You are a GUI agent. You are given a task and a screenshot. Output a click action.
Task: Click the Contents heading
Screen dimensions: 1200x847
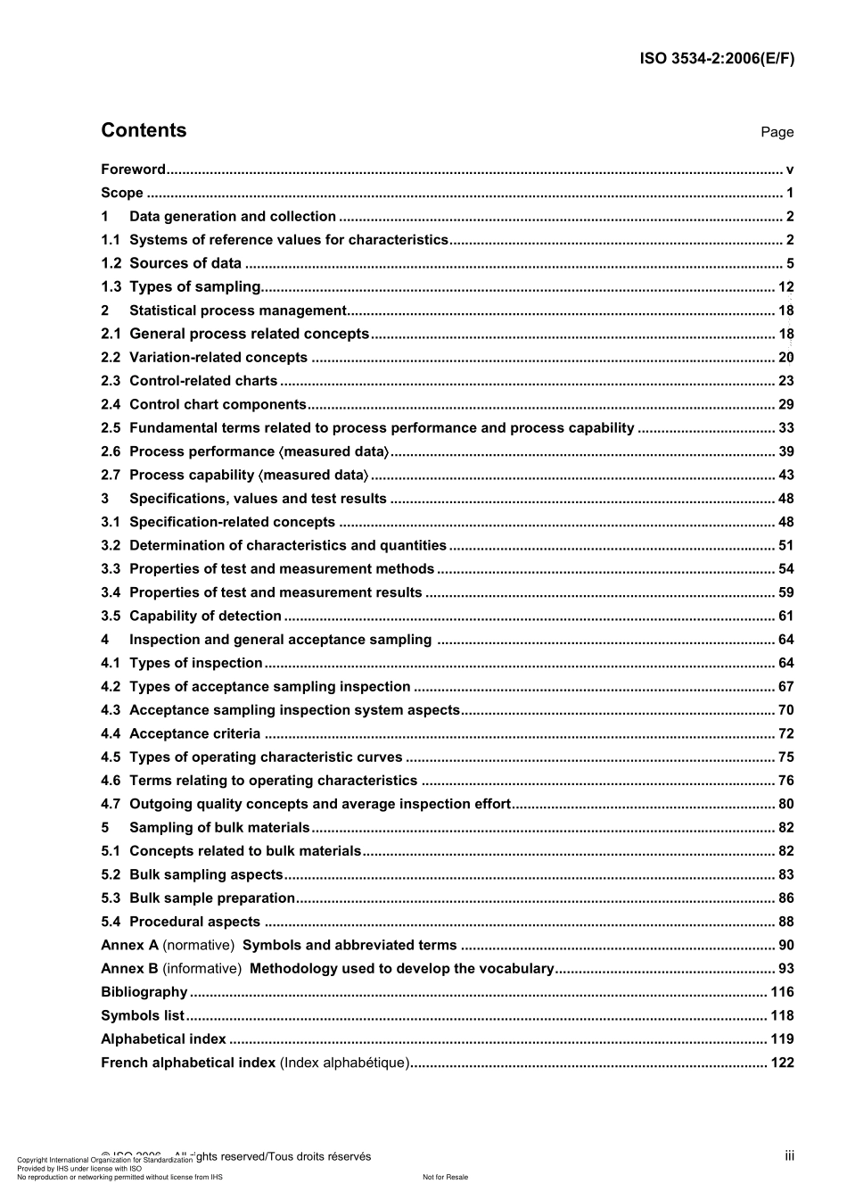(x=144, y=130)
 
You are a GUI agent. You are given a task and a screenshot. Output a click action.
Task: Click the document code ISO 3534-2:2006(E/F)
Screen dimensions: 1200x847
(x=717, y=59)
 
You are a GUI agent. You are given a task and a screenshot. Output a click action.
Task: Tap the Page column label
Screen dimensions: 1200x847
(x=777, y=132)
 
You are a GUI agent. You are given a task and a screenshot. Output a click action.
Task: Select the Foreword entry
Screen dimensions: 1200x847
(x=133, y=170)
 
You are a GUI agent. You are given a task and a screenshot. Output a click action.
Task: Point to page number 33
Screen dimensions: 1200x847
(x=785, y=428)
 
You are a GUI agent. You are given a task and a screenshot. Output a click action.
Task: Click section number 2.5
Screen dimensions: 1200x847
(x=110, y=428)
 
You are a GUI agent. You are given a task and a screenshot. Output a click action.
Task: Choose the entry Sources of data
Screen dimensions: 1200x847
(x=185, y=263)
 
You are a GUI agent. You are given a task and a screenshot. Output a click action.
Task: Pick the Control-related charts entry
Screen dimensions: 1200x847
(x=203, y=381)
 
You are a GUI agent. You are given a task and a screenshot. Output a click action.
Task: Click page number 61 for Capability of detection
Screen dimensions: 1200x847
(x=785, y=617)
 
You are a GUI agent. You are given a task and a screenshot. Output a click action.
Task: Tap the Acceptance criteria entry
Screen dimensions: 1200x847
(x=194, y=734)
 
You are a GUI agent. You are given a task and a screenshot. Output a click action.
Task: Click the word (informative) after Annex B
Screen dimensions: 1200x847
(x=201, y=969)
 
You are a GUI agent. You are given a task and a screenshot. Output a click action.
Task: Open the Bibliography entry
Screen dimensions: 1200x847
(x=144, y=992)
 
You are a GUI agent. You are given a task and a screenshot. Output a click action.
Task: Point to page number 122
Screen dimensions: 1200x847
(x=782, y=1063)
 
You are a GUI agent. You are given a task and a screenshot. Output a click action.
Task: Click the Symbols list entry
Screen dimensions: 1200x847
(x=143, y=1016)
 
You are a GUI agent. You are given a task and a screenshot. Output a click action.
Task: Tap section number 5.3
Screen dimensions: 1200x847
(x=110, y=898)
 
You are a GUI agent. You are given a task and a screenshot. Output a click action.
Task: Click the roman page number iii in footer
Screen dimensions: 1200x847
(x=789, y=1156)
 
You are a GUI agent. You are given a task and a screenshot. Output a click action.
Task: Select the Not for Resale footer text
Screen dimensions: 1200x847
(x=445, y=1178)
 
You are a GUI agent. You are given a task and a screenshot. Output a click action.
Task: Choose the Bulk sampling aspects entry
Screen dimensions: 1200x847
(x=206, y=875)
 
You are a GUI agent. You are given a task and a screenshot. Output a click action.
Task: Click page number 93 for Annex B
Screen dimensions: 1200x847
(x=785, y=969)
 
